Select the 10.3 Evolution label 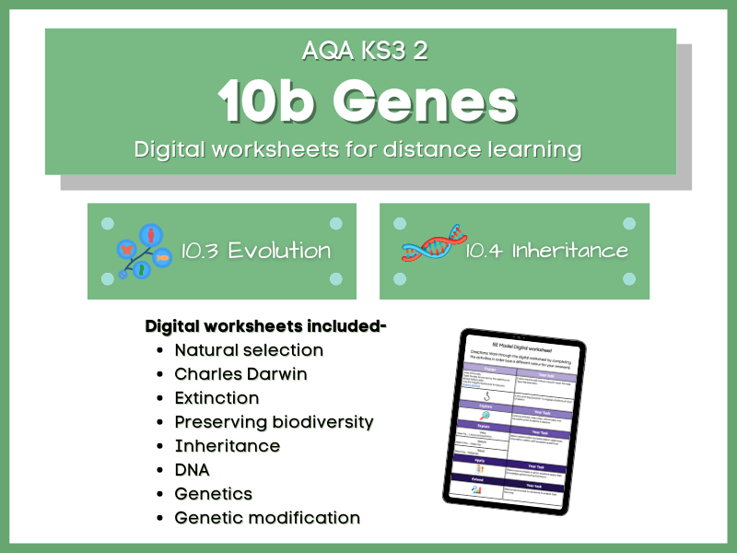pos(255,251)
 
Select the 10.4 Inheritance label pos(546,251)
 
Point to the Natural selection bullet pos(249,350)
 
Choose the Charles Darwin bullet pos(240,374)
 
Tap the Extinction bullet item pos(216,398)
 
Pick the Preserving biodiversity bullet pos(274,422)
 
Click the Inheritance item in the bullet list pos(227,446)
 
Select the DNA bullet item pos(192,470)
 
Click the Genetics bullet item pos(213,494)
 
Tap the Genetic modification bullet pos(267,518)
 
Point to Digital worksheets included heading pos(266,326)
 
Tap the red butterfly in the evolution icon pos(126,250)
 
